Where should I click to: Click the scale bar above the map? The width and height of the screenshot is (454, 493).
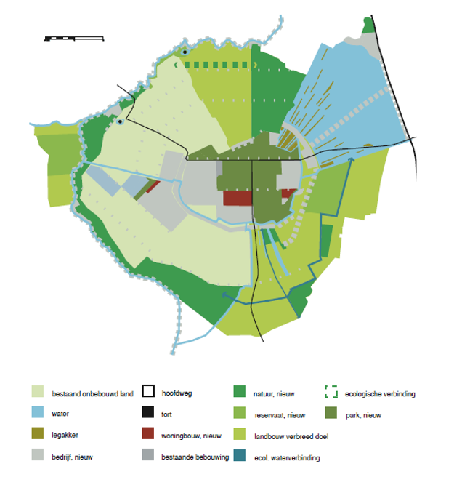(x=73, y=37)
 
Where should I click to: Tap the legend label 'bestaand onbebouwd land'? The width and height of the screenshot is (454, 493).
(x=92, y=394)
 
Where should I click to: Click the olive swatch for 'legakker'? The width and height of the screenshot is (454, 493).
(x=38, y=434)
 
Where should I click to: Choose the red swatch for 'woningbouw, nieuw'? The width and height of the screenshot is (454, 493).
(x=149, y=434)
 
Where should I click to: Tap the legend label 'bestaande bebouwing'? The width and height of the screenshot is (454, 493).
(x=195, y=456)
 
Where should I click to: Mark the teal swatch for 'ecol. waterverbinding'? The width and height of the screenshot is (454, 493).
(x=240, y=457)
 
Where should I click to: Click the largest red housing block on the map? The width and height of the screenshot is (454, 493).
(x=238, y=198)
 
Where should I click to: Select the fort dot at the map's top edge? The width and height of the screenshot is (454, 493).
(x=186, y=52)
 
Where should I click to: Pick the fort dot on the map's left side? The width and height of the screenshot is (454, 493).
(x=120, y=122)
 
